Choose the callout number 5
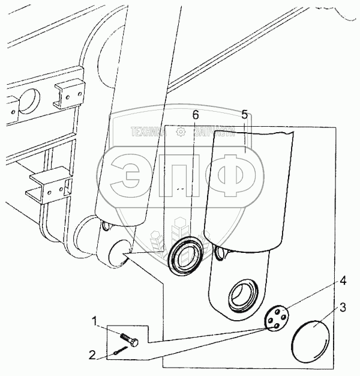pos(244,114)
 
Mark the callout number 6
pos(195,114)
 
